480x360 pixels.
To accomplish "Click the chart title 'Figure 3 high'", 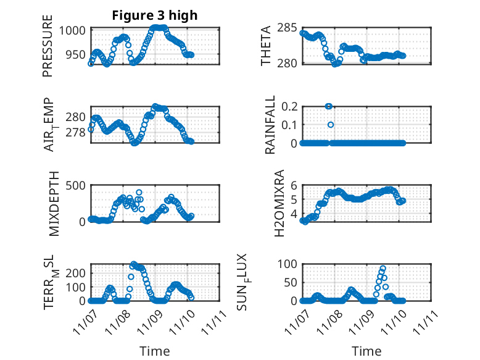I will coord(154,16).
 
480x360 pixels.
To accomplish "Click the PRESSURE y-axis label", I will coord(48,54).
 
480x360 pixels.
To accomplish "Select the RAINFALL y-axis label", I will coord(270,125).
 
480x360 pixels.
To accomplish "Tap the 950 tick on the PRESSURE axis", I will coord(80,54).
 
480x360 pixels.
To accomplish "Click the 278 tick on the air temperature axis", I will coord(80,133).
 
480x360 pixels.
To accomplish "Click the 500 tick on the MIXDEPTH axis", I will coord(80,185).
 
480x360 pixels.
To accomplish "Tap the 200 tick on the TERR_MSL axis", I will coord(80,272).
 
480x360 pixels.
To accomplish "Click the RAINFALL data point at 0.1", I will coord(331,125).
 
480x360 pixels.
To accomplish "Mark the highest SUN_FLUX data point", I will coord(383,269).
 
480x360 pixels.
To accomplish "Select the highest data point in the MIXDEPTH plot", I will coord(139,193).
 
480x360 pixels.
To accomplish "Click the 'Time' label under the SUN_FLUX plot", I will coord(366,351).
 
